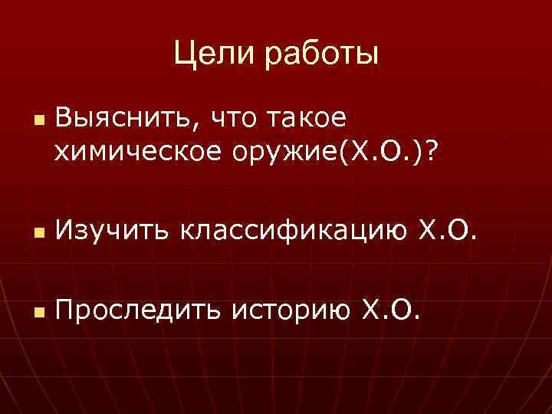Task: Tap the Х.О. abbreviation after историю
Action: tap(392, 311)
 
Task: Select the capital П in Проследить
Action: tap(64, 311)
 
